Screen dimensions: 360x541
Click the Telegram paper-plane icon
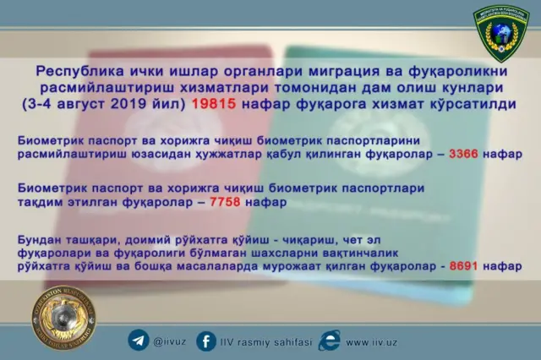click(138, 341)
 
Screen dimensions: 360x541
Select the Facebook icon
click(205, 341)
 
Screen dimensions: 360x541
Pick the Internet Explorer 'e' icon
click(330, 341)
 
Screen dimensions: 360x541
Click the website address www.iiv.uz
click(372, 342)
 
